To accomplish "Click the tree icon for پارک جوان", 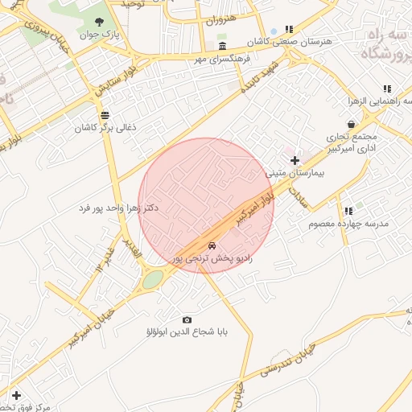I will [99, 22].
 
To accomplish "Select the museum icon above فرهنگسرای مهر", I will [222, 44].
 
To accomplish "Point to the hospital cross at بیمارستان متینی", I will [295, 160].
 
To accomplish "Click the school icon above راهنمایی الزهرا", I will [387, 89].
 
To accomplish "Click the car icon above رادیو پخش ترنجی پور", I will [212, 245].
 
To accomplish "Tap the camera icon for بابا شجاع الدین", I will [187, 319].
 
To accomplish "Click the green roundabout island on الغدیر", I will [153, 278].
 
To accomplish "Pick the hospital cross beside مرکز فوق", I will [16, 394].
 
